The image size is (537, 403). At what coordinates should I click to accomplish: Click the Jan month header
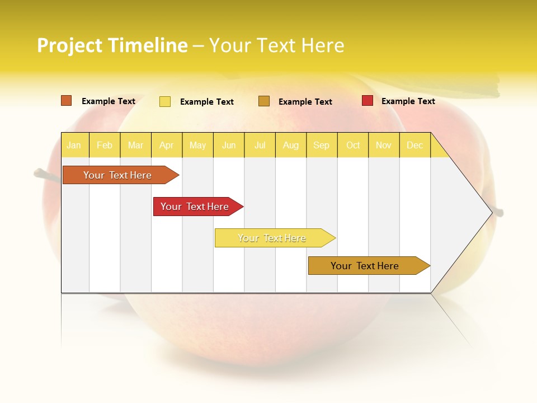point(74,145)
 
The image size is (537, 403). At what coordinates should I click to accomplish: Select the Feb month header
point(105,145)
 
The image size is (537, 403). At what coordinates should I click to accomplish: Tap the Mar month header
point(135,145)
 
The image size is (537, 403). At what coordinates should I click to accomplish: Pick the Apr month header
point(167,145)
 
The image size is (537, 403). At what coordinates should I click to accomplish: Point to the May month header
point(197,145)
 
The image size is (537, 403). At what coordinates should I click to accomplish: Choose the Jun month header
point(229,145)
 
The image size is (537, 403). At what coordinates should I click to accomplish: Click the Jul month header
point(260,145)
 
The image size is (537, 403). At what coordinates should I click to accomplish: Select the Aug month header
point(291,145)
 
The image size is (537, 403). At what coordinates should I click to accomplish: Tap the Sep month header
point(322,145)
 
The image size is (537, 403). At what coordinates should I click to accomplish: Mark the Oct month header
point(353,145)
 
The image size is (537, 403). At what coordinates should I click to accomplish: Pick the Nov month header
point(384,145)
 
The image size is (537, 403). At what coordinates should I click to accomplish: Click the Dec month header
point(415,145)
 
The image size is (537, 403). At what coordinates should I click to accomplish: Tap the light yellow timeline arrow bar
point(272,238)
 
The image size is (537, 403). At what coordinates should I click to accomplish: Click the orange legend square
point(67,101)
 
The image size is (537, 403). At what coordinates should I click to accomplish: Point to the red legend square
point(368,101)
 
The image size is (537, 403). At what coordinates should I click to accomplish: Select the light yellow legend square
point(165,101)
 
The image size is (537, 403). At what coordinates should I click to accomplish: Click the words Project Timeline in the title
point(112,45)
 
